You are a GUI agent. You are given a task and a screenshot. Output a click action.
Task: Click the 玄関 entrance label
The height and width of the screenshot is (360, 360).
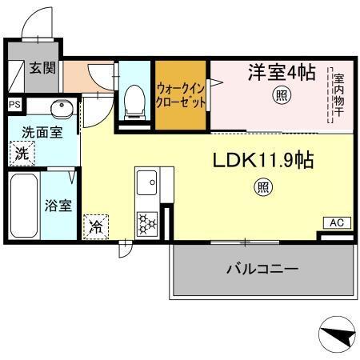click(42, 69)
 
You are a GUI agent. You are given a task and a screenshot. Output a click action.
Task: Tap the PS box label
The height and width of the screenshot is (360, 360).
click(14, 104)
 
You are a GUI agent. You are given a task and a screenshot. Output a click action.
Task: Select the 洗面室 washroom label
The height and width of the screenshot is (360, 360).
click(41, 133)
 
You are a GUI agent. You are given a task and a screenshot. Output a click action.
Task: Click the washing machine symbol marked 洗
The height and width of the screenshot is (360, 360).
click(22, 153)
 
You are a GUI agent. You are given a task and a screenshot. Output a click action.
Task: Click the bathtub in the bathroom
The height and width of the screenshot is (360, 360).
click(23, 205)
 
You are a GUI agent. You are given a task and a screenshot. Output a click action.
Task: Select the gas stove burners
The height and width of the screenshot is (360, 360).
click(148, 222)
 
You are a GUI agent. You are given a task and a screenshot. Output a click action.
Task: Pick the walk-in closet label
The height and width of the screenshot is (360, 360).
click(182, 96)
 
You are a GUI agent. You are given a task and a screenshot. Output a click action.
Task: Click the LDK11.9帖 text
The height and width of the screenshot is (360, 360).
click(262, 161)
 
